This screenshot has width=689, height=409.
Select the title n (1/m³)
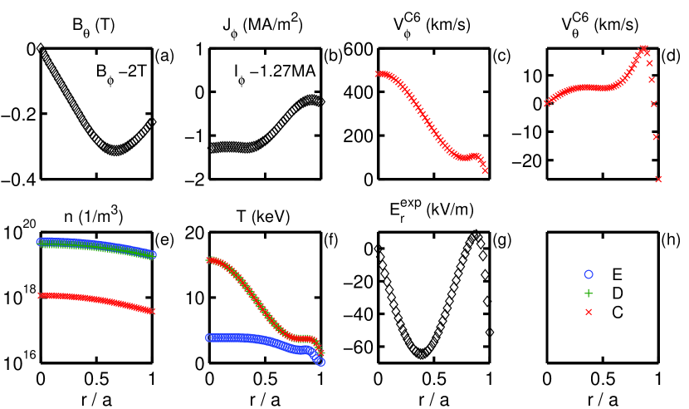coord(87,219)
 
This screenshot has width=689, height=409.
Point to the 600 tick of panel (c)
coord(361,49)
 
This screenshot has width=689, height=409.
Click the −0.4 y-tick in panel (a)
coord(19,180)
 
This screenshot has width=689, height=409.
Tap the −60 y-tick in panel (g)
coord(359,348)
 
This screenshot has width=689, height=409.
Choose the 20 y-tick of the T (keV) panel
coord(193,234)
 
